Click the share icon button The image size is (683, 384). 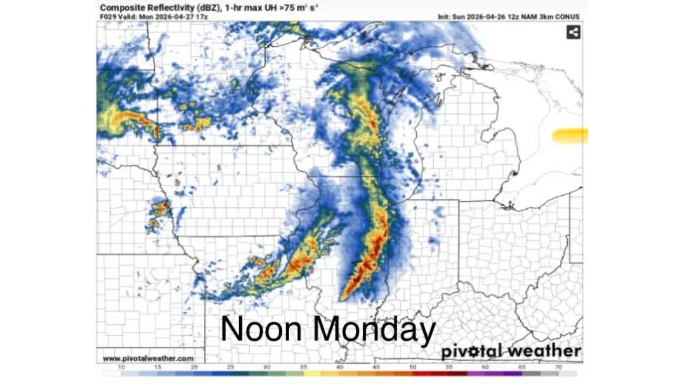coord(573,33)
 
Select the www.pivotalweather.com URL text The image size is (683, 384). coord(148,358)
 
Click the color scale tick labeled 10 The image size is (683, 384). coord(122,367)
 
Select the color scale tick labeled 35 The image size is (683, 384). coord(303,367)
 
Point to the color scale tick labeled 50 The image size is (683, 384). coord(412,367)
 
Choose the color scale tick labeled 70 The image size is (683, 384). coord(558,367)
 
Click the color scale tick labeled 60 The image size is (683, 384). coord(485,367)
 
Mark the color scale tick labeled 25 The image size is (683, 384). coord(231,367)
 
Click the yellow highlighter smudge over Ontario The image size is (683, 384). coord(569,136)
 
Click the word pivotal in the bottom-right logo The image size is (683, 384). coord(471,352)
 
